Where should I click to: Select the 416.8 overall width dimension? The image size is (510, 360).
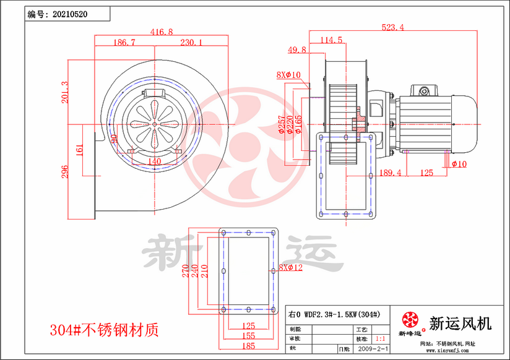[162, 32]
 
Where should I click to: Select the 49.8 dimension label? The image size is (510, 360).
[297, 49]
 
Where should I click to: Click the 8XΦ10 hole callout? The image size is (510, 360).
[288, 75]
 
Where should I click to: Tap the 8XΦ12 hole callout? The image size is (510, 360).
[290, 268]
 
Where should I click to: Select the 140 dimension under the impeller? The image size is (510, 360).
[155, 161]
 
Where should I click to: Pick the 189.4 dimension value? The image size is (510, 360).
[390, 173]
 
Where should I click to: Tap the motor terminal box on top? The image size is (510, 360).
[424, 91]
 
